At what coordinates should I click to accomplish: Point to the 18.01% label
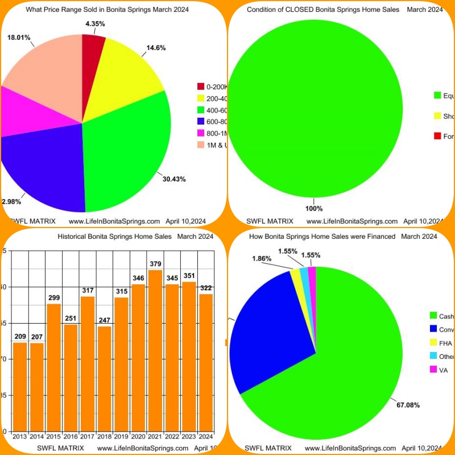19,38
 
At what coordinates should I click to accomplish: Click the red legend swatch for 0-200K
201,86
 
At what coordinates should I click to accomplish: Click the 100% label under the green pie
313,208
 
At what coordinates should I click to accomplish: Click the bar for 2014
36,387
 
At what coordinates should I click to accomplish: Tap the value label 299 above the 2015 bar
53,297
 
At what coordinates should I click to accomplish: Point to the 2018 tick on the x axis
104,437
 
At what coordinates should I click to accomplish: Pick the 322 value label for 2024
206,288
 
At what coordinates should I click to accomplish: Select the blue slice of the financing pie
273,330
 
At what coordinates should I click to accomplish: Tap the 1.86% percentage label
262,259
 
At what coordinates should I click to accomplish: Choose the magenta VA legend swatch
433,370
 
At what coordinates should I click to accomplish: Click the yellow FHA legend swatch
433,343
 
